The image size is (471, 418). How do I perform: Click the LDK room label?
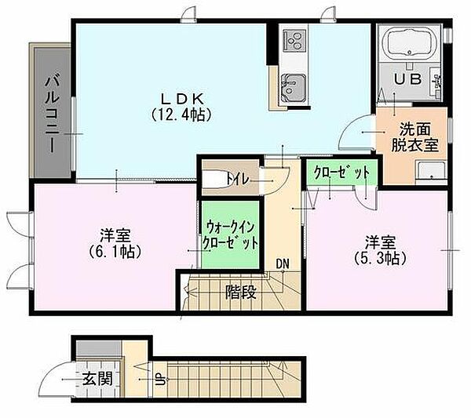point(182,99)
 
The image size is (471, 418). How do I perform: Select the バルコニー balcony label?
point(52,114)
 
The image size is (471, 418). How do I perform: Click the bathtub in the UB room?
point(410,42)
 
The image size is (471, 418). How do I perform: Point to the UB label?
point(408,79)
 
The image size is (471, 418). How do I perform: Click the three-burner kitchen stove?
point(294,40)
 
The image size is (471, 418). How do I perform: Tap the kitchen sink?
point(293,87)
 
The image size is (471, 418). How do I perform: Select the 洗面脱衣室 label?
point(414,138)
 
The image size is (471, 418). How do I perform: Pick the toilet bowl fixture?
point(217,180)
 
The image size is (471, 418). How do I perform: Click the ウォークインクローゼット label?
point(230,235)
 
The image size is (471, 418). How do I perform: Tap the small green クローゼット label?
point(341,173)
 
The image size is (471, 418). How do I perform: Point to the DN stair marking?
point(283,264)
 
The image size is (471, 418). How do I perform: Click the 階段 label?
point(241,292)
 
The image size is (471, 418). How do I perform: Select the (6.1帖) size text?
point(115,252)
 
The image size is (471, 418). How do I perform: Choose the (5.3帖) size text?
point(380,257)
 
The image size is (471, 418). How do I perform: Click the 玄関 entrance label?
point(97,378)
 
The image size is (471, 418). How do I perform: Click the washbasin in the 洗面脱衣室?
point(431,172)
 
